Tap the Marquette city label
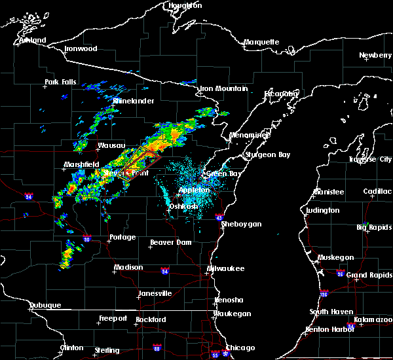pos(261,43)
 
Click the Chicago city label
pos(240,348)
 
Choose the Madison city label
pos(128,267)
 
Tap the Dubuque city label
pos(45,305)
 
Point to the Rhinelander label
pos(134,101)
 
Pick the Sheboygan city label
pos(242,224)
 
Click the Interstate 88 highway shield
pos(157,348)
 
